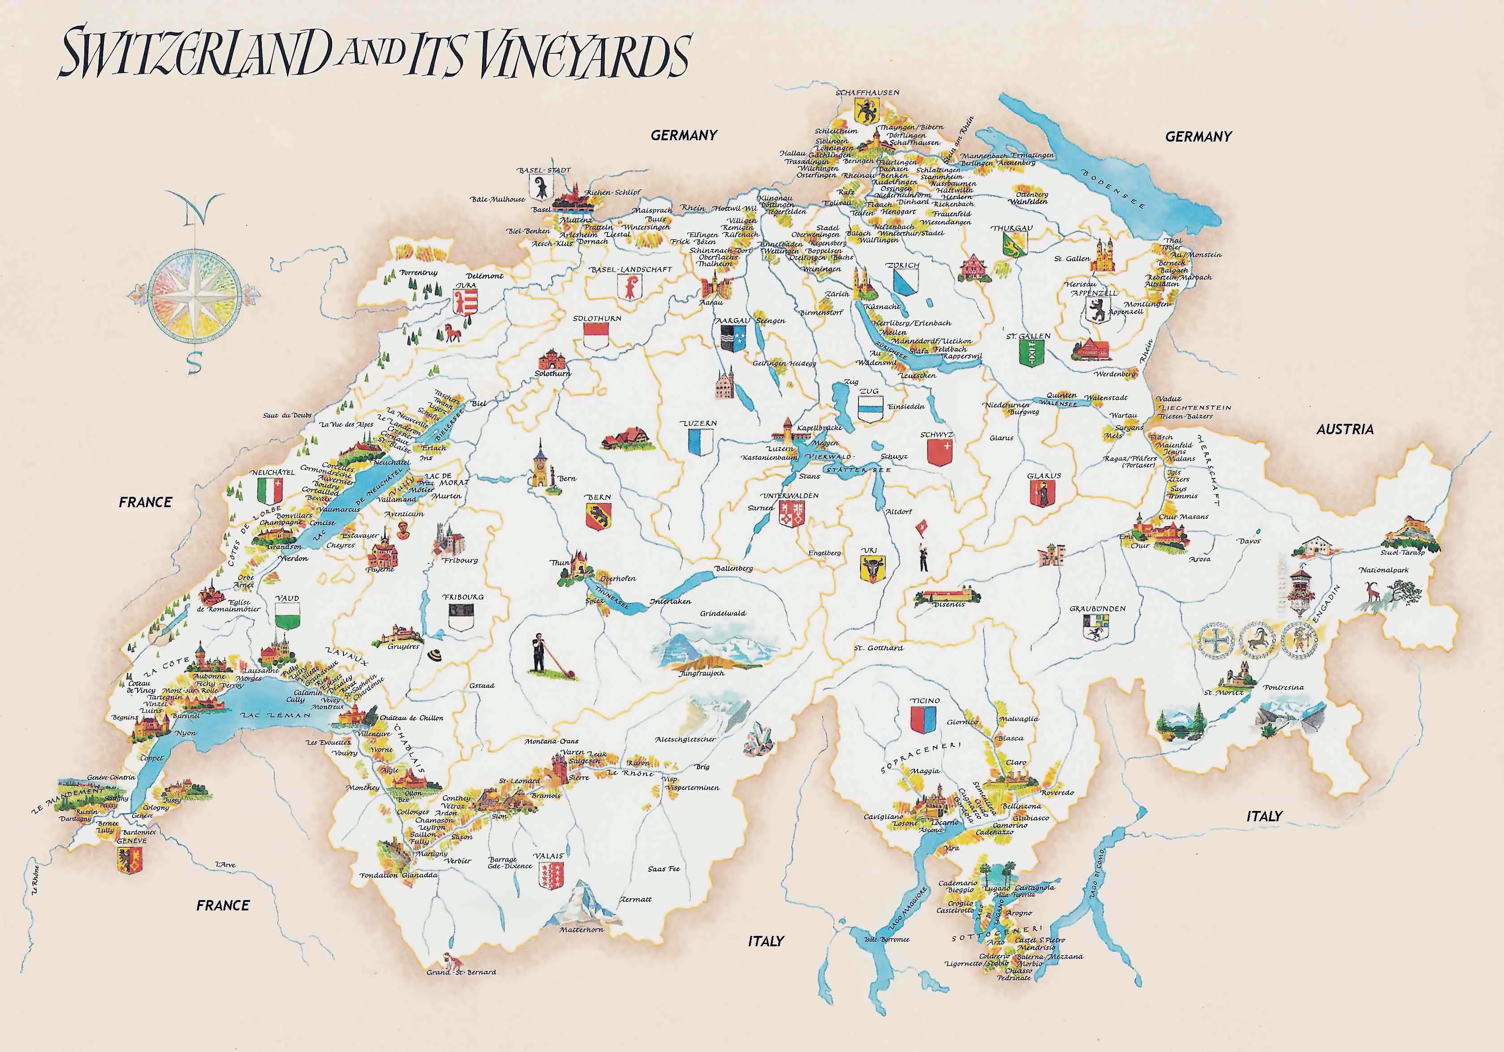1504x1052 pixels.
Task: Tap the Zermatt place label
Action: (635, 899)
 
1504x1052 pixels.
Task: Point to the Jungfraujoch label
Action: (702, 673)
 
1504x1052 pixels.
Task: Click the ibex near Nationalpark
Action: (1371, 592)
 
